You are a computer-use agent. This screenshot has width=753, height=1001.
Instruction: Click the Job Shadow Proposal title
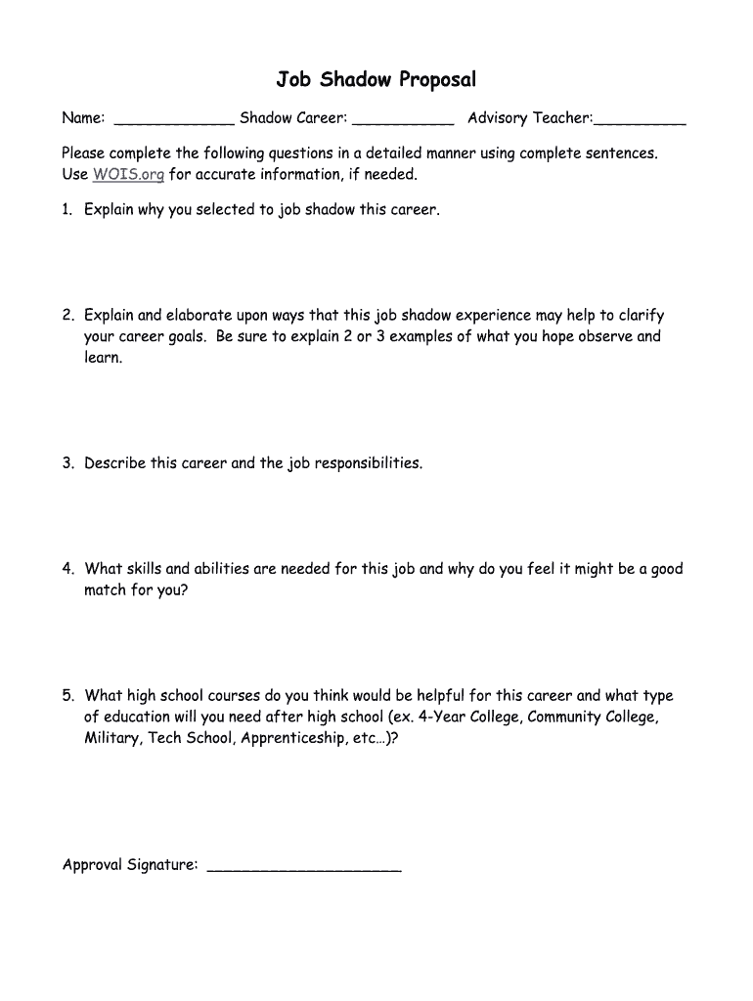(x=376, y=79)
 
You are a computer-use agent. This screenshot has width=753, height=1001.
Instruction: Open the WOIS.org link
(x=128, y=175)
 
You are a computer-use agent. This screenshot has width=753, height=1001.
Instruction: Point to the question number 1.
(x=67, y=210)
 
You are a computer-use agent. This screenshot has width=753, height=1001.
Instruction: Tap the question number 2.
(x=67, y=316)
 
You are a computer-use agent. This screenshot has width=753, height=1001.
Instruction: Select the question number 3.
(x=67, y=463)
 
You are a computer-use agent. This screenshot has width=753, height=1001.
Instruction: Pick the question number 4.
(x=67, y=569)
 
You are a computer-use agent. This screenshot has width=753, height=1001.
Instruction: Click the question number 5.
(x=67, y=696)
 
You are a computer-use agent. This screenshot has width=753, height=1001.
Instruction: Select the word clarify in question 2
(x=640, y=316)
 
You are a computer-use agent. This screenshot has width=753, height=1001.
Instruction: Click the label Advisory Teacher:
(x=529, y=118)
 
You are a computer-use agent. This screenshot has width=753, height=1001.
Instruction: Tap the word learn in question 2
(x=102, y=358)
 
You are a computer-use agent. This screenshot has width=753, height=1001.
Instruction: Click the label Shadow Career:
(x=293, y=118)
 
